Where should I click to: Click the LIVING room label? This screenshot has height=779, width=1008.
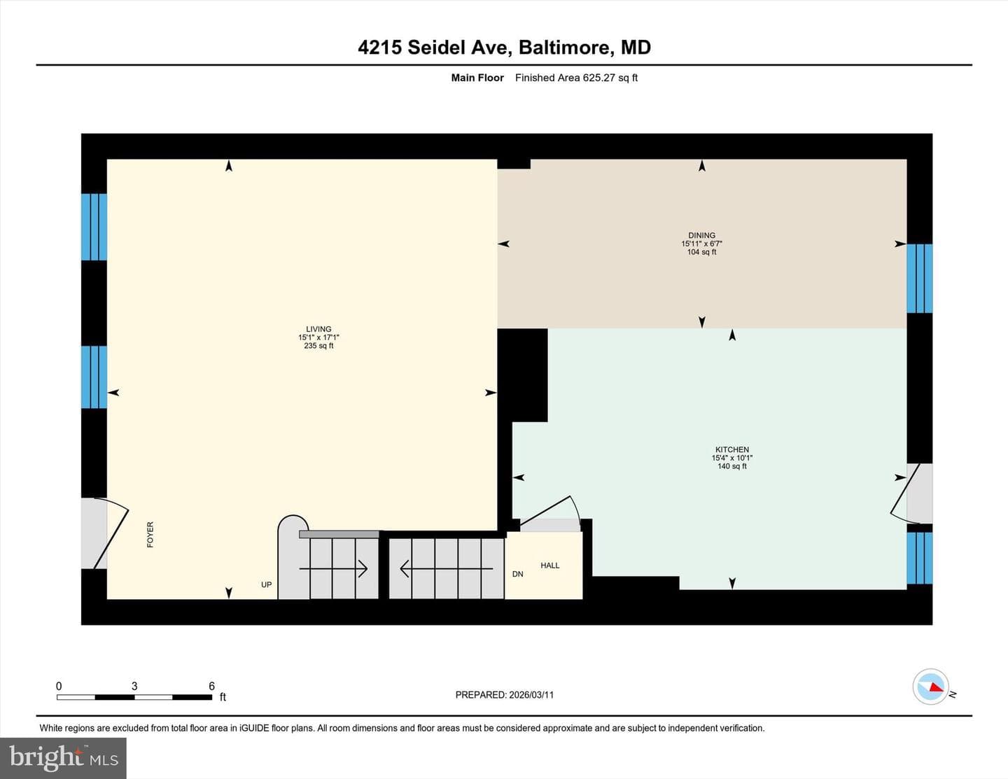[x=318, y=329]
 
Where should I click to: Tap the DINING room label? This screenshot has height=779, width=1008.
[x=701, y=235]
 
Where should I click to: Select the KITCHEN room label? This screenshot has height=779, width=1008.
[x=732, y=449]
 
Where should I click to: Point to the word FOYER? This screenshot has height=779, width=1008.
[x=150, y=535]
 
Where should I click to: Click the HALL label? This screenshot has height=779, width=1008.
[x=549, y=566]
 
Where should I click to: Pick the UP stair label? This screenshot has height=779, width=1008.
[x=266, y=584]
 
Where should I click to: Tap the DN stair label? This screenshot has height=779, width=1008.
[x=518, y=574]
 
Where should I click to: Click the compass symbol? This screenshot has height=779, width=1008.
[x=931, y=687]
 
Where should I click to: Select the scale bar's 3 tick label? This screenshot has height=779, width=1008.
[x=134, y=686]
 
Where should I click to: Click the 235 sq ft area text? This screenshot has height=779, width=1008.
[x=318, y=346]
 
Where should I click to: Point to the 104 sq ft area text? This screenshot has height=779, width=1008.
[x=701, y=252]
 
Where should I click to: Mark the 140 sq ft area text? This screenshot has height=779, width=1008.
[x=732, y=466]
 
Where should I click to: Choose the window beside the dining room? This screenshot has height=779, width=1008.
[x=919, y=279]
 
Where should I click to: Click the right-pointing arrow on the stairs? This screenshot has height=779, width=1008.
[x=333, y=568]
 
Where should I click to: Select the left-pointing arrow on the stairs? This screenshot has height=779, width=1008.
[x=446, y=568]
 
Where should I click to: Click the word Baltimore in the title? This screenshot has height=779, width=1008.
[x=566, y=48]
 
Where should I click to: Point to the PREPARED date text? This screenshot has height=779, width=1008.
[x=504, y=694]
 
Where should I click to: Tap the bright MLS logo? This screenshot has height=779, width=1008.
[x=63, y=758]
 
